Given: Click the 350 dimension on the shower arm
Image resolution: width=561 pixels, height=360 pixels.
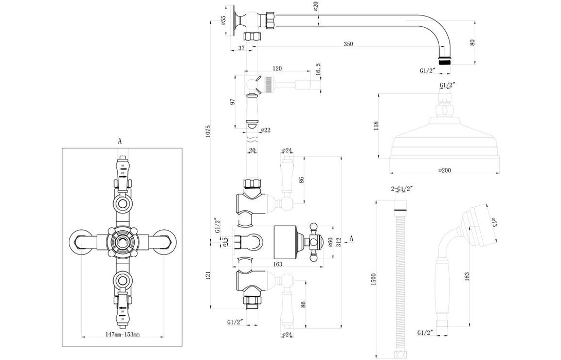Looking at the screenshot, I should [348, 44].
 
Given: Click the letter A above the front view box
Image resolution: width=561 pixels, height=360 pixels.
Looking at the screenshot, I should [120, 140].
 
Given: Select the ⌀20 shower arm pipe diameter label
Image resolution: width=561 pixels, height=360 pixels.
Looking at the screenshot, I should [315, 6].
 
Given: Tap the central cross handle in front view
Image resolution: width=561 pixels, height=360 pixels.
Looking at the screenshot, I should [122, 239].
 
